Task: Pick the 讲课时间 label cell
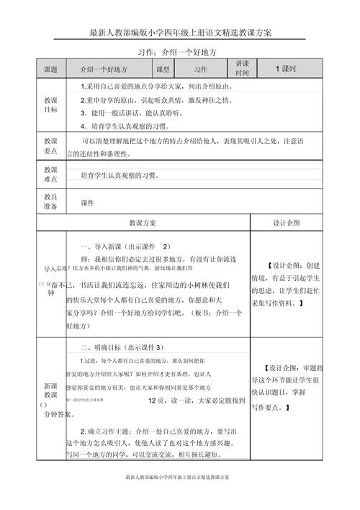coord(242,69)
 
